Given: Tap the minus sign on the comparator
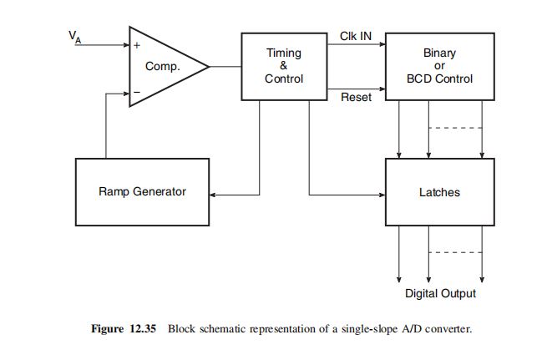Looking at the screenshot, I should coord(137,94).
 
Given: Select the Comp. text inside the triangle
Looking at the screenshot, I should coord(163,67).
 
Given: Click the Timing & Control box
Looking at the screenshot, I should coord(283,66).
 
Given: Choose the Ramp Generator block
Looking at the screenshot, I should coord(142,191).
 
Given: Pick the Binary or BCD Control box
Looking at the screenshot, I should coord(438,66).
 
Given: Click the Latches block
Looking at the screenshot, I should coord(438,192).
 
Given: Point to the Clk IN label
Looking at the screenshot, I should coord(356,37).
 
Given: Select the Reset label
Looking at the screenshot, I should coord(356,98).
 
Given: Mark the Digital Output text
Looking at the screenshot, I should coord(440,293).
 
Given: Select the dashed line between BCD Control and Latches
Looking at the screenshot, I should coord(455,128).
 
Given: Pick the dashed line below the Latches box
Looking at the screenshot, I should coord(455,252).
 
